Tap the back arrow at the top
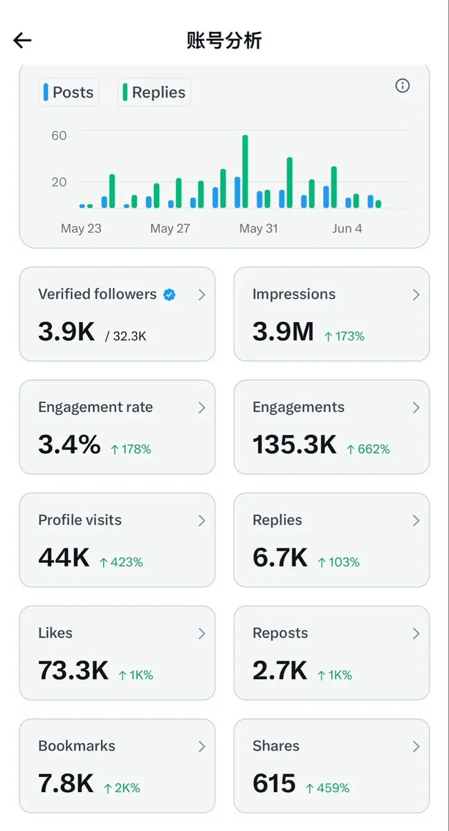22,40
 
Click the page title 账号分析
224,40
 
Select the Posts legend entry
68,92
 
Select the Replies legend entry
154,92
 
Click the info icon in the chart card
402,86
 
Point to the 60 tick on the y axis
59,136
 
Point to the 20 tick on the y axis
59,182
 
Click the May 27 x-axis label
170,228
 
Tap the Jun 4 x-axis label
347,228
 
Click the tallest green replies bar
245,172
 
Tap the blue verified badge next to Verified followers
169,294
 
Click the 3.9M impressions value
283,331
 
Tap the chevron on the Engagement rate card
202,408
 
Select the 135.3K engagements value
295,444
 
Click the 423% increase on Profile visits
121,562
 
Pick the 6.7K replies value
280,557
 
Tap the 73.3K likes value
73,670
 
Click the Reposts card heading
280,633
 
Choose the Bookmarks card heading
77,746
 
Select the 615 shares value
274,783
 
